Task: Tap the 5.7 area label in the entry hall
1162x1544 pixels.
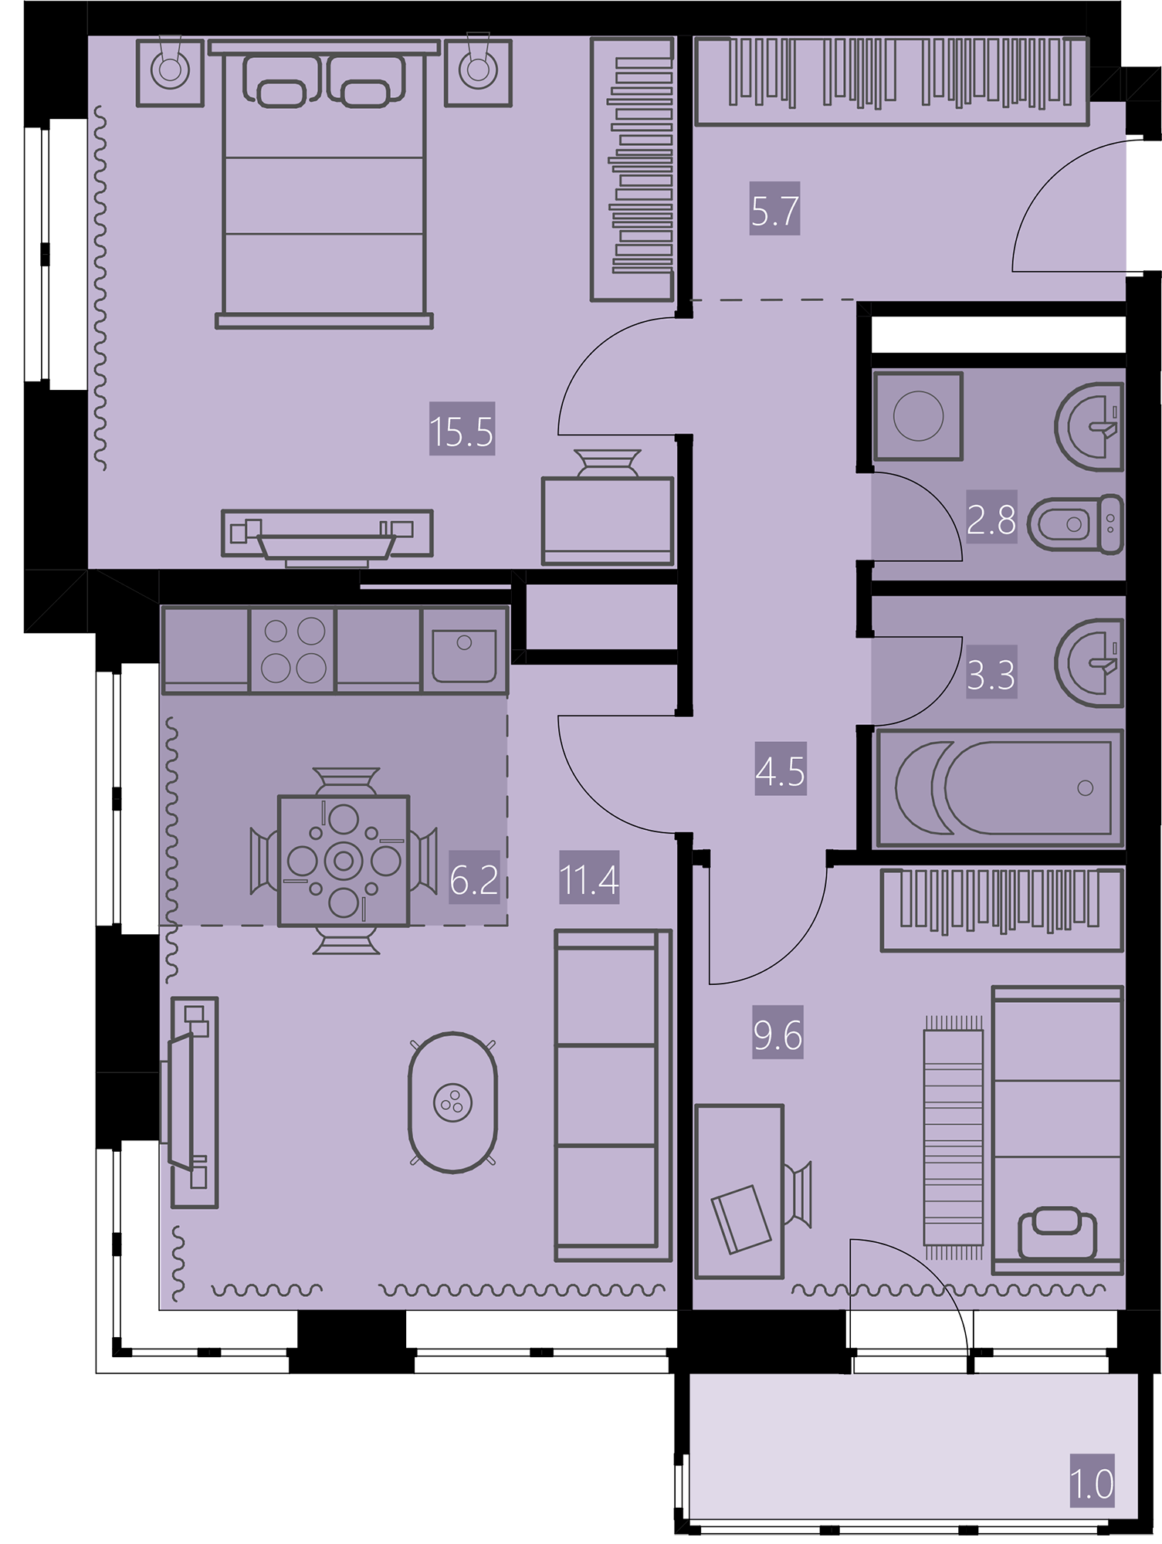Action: [x=774, y=208]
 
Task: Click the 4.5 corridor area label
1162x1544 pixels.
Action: [x=781, y=769]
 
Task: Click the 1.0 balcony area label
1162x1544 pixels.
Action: [x=1093, y=1482]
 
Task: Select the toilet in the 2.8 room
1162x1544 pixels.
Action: [x=1078, y=524]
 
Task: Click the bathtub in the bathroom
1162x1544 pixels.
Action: [x=999, y=787]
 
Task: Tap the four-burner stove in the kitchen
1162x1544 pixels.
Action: [x=293, y=649]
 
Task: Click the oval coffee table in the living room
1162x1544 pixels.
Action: [x=452, y=1102]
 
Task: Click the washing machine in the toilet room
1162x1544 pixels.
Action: [x=918, y=416]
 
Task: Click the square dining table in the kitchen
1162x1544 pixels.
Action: [x=343, y=860]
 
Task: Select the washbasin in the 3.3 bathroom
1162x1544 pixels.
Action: [x=1089, y=662]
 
